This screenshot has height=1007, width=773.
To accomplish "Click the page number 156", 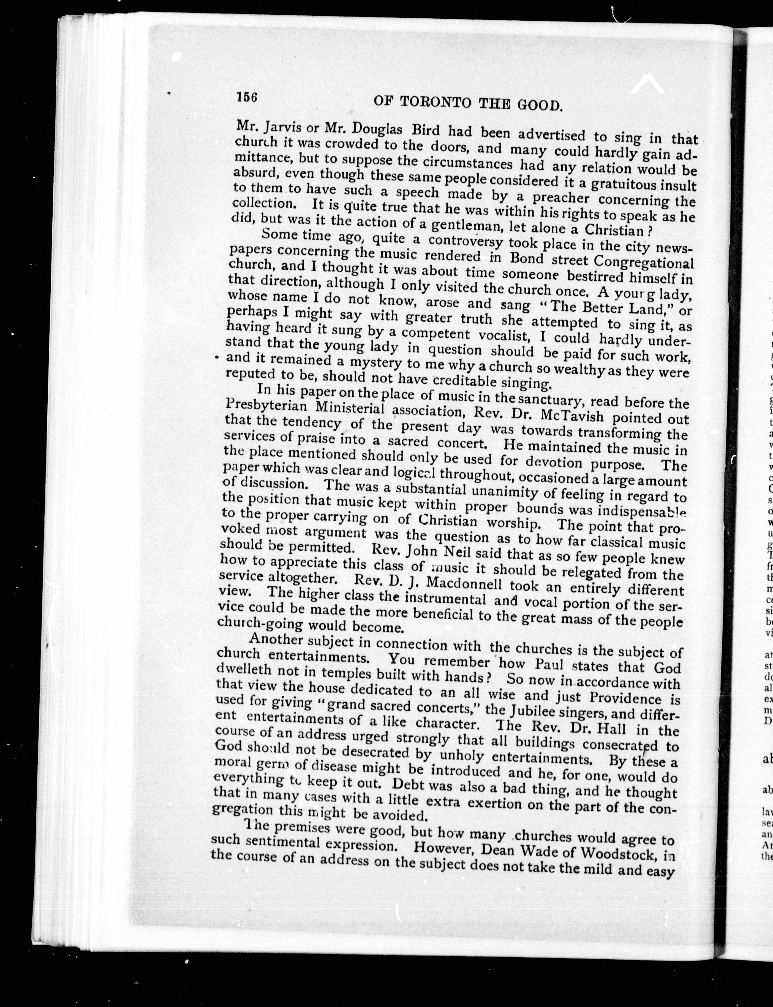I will tap(247, 97).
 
